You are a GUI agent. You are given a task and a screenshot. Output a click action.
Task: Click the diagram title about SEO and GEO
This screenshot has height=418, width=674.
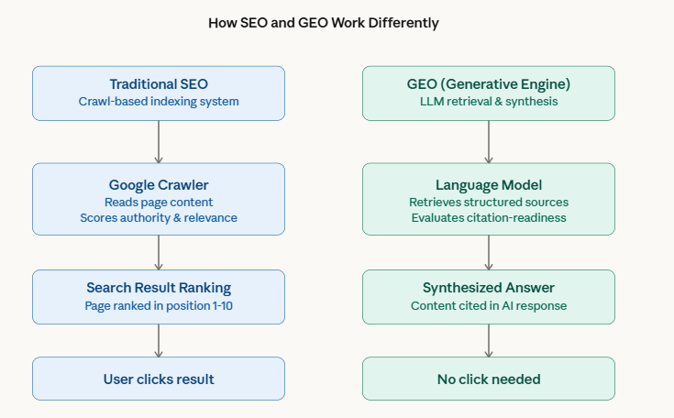pyautogui.click(x=337, y=22)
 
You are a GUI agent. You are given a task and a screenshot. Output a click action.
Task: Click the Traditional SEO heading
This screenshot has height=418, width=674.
pyautogui.click(x=159, y=84)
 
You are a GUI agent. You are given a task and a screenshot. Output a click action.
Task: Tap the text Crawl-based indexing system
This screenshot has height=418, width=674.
pyautogui.click(x=159, y=102)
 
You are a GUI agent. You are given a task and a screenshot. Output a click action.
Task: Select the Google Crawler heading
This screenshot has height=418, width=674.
pyautogui.click(x=159, y=183)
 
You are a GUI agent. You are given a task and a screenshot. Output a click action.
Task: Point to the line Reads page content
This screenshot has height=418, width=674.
pyautogui.click(x=159, y=201)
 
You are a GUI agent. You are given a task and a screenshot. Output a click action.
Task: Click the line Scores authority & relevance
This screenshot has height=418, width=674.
pyautogui.click(x=159, y=217)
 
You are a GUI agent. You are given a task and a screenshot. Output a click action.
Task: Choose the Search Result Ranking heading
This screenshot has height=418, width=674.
pyautogui.click(x=159, y=288)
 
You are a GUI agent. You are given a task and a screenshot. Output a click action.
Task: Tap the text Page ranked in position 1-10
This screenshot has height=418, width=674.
pyautogui.click(x=159, y=305)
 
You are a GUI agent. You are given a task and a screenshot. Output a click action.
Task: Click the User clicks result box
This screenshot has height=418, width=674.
pyautogui.click(x=159, y=379)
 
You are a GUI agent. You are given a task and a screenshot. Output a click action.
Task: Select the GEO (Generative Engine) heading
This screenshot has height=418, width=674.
pyautogui.click(x=489, y=84)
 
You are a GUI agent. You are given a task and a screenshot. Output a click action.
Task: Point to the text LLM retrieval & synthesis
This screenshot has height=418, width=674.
pyautogui.click(x=489, y=102)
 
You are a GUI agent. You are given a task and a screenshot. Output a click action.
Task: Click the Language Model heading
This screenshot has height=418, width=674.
pyautogui.click(x=489, y=183)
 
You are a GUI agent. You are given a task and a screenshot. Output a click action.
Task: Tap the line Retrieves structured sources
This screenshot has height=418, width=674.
pyautogui.click(x=489, y=201)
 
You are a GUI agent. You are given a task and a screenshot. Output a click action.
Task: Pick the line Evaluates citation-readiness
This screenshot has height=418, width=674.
pyautogui.click(x=489, y=217)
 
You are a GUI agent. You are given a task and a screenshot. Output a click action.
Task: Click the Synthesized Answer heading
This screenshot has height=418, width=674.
pyautogui.click(x=489, y=288)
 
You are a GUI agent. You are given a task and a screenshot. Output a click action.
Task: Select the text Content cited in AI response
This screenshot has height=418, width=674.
pyautogui.click(x=489, y=305)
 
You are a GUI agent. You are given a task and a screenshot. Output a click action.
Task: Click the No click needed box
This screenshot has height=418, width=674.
pyautogui.click(x=489, y=379)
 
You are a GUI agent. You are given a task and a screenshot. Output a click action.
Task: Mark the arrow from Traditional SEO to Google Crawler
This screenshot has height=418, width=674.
pyautogui.click(x=159, y=142)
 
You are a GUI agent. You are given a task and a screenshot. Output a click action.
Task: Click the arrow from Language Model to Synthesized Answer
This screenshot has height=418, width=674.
pyautogui.click(x=489, y=252)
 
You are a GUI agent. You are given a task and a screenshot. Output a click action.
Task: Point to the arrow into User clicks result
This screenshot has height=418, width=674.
pyautogui.click(x=159, y=340)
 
